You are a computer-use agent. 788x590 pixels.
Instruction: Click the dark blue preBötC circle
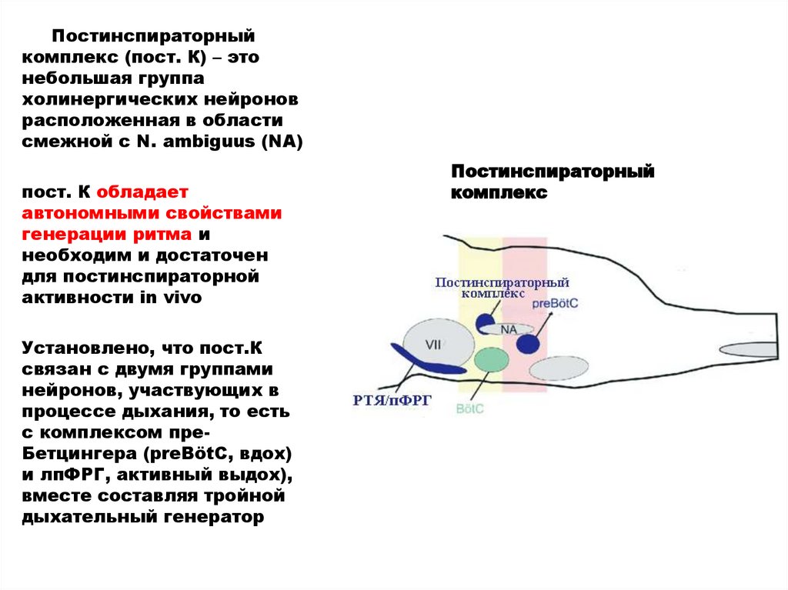(x=527, y=342)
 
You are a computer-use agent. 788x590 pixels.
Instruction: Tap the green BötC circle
(x=488, y=359)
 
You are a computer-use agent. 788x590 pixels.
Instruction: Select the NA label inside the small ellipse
(x=508, y=329)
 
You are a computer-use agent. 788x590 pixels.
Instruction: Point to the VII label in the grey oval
(x=432, y=345)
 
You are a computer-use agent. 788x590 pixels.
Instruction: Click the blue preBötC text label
(x=554, y=305)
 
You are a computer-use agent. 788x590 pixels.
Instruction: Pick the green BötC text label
(x=470, y=408)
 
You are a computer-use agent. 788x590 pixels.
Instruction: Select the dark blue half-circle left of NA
(x=486, y=322)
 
